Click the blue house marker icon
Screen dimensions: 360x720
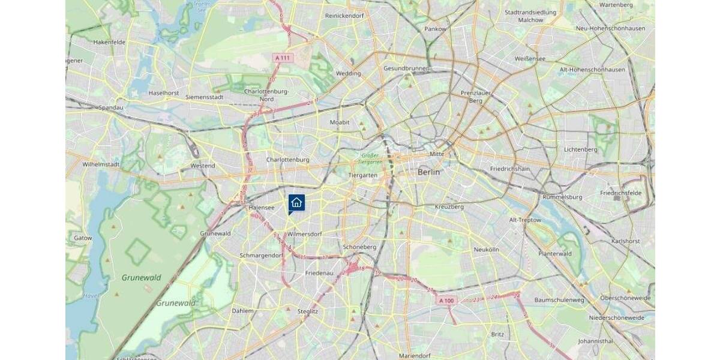pos(296,203)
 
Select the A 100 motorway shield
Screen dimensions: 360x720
pos(446,301)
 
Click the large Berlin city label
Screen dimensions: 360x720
pos(428,172)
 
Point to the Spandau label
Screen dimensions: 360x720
pos(111,108)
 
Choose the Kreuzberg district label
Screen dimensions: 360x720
pos(449,206)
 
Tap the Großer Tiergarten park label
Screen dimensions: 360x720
pos(366,159)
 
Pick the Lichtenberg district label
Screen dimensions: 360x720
pos(580,149)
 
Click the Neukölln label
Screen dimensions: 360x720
pos(486,249)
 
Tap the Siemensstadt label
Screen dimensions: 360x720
pos(205,97)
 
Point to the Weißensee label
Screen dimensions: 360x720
pos(530,59)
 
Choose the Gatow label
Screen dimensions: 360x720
pos(83,238)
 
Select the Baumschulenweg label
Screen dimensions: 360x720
pos(559,299)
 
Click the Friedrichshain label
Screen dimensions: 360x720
pos(510,169)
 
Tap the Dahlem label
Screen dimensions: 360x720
pos(242,311)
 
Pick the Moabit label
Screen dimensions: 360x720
pos(340,122)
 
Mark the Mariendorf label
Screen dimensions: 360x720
pos(415,356)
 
